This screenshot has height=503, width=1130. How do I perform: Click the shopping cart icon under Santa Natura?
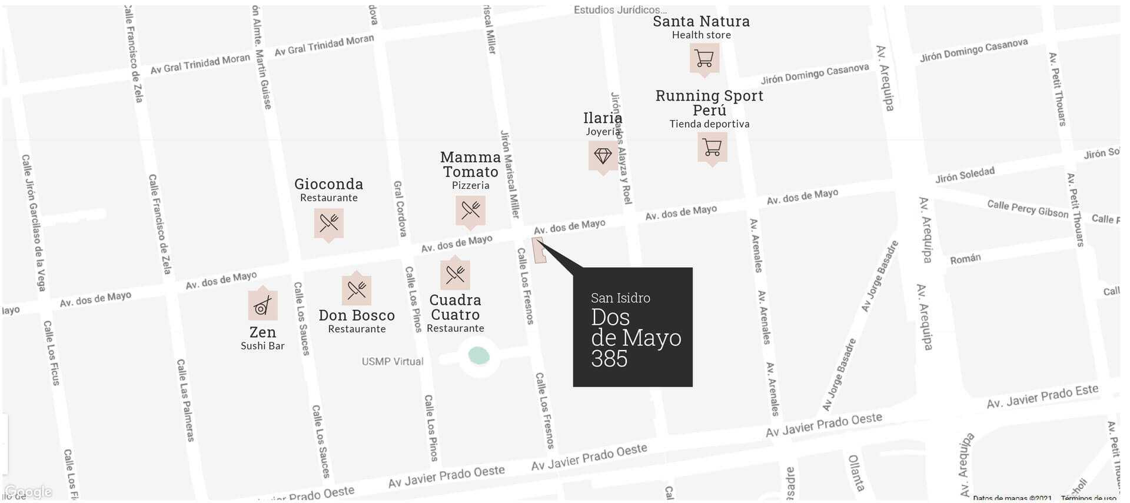pos(704,58)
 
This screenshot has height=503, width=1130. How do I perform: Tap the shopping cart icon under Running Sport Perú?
pos(712,147)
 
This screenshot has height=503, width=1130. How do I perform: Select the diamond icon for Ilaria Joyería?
pos(603,156)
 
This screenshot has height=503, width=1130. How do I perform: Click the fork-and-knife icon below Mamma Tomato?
pos(470,210)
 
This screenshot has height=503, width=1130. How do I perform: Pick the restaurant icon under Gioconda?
pos(328,222)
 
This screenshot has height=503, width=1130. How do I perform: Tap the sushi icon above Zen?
pos(262,305)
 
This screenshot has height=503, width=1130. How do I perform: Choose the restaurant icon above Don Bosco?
pos(357,289)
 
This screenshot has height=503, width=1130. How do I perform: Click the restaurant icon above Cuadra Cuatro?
pos(455,274)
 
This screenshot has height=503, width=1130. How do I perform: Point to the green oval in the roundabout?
pos(478,355)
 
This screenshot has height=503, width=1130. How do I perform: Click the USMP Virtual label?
pos(392,361)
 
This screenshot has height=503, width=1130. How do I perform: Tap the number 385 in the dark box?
pos(609,359)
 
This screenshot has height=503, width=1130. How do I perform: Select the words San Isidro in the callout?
pos(620,298)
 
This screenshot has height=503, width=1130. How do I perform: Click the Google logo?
pos(28,492)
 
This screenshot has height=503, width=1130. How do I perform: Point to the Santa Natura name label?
pos(701,21)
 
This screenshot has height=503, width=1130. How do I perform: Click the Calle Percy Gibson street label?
pos(1027,209)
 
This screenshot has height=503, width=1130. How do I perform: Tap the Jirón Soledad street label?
pos(965,175)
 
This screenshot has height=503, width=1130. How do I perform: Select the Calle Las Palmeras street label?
pos(185,400)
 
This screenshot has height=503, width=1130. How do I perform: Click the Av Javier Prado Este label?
pos(1042,397)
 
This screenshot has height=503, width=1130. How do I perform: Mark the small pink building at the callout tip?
pos(539,251)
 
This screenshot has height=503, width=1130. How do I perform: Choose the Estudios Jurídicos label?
pos(620,9)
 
